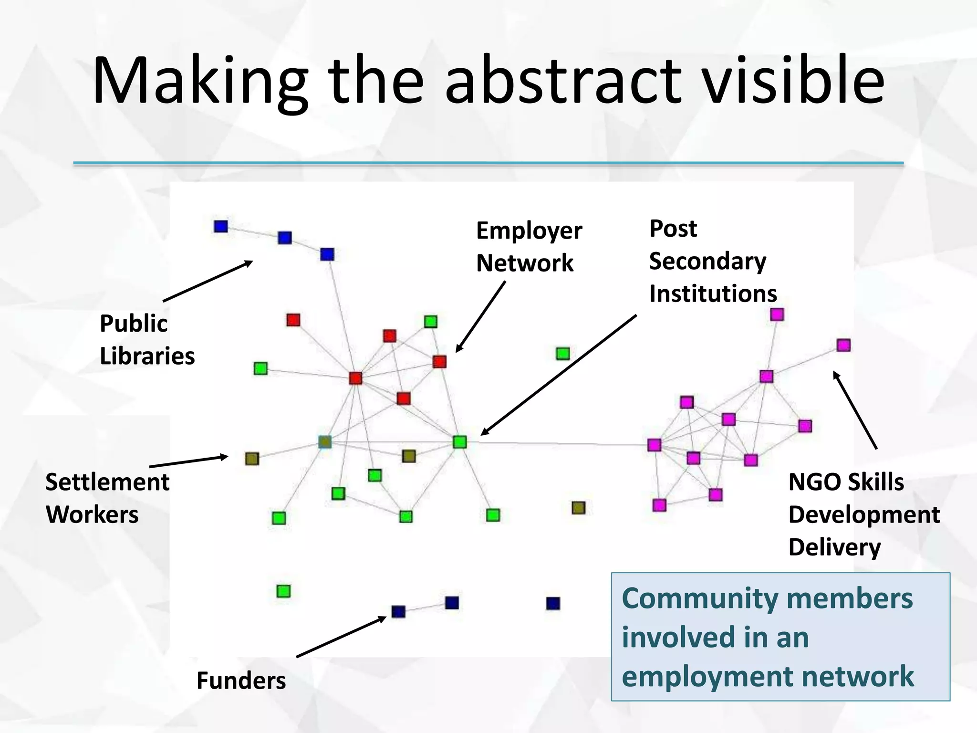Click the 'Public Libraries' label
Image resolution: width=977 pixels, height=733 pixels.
tap(147, 340)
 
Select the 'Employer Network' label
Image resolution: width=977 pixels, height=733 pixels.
tap(529, 247)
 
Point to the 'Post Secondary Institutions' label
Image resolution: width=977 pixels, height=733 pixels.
tap(712, 261)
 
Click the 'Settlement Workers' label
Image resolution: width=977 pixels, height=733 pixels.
tap(107, 498)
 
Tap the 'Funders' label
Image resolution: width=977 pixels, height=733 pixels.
tap(241, 681)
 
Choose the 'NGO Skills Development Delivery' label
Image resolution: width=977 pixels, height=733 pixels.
tap(863, 514)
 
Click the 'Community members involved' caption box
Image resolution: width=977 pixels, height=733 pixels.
tap(780, 637)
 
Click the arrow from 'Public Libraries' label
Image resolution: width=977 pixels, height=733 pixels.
tap(208, 281)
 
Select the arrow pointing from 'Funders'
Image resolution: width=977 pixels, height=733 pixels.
tap(341, 637)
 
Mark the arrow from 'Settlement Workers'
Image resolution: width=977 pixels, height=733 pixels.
tap(189, 461)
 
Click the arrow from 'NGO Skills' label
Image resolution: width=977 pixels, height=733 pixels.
tap(855, 410)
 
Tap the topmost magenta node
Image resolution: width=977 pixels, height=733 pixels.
tap(777, 314)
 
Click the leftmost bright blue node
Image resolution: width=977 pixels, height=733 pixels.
tap(221, 226)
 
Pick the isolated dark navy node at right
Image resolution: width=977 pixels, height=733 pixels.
tap(553, 604)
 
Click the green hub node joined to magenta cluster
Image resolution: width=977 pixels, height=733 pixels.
tap(459, 442)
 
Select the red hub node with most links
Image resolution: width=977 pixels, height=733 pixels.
tap(355, 378)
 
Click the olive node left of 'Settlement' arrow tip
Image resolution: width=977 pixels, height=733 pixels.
tap(252, 459)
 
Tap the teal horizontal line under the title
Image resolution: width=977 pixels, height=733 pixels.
tap(488, 163)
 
